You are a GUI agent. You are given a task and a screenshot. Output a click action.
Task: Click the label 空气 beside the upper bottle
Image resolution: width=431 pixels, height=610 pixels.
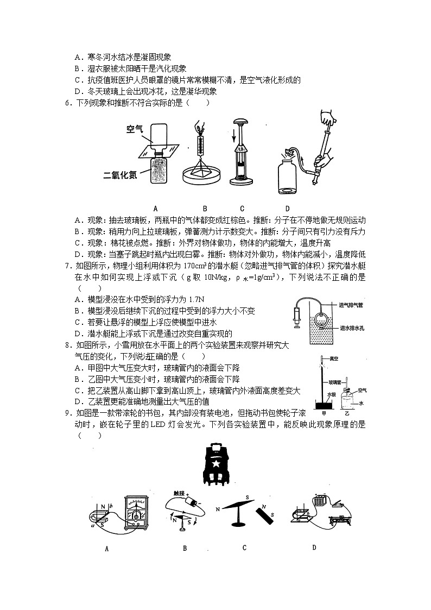[x=134, y=129]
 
